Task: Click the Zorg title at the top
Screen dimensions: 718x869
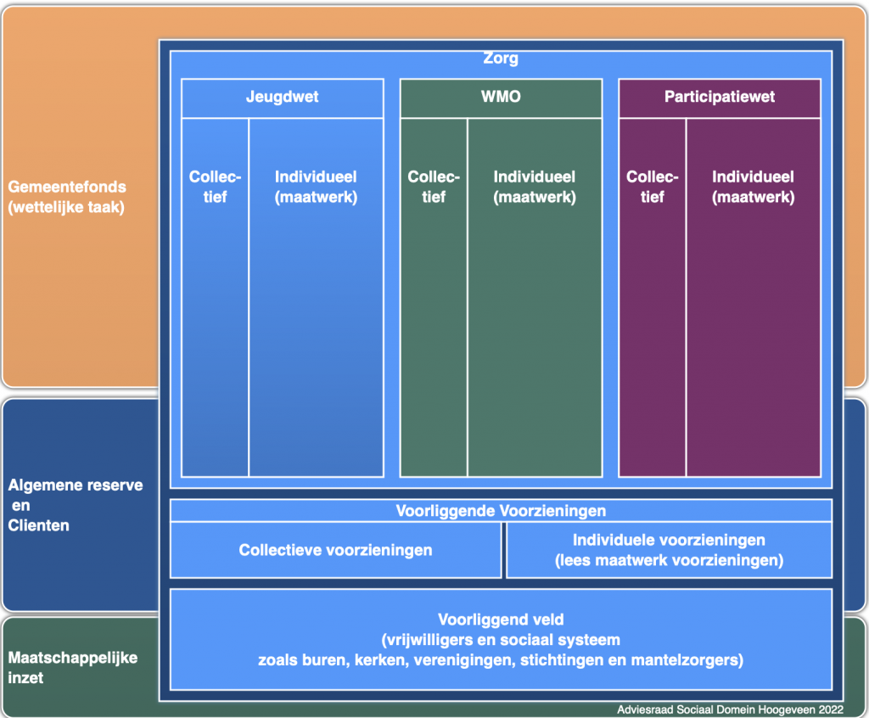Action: click(501, 59)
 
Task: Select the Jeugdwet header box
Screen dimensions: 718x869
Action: click(282, 97)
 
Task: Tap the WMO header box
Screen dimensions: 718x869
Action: click(501, 97)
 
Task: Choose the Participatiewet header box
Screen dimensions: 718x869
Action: click(720, 97)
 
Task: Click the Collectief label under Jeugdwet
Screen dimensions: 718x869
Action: click(215, 187)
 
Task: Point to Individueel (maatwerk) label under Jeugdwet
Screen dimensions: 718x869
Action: click(316, 187)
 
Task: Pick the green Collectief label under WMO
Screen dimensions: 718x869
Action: click(434, 187)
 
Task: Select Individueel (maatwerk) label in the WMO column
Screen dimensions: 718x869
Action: click(535, 187)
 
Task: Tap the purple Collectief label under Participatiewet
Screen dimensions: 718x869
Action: click(652, 187)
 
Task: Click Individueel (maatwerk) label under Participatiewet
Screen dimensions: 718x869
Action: click(753, 187)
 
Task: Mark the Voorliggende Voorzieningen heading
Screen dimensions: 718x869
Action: click(501, 511)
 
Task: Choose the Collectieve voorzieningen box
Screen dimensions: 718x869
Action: click(335, 550)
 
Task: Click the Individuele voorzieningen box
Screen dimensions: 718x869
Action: click(669, 550)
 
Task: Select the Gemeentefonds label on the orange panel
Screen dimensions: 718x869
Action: click(68, 187)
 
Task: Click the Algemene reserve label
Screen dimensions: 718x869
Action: click(76, 485)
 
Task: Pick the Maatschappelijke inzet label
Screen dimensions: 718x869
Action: click(72, 658)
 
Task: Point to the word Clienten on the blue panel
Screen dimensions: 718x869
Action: click(39, 525)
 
